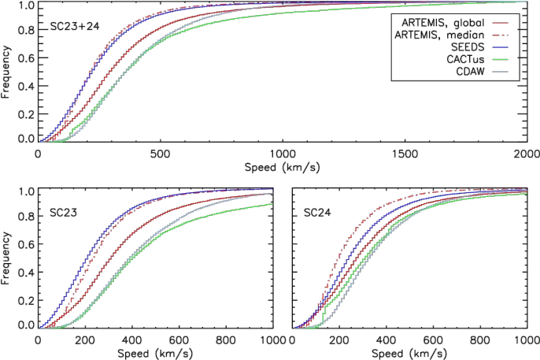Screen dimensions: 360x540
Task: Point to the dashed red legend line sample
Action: (x=501, y=34)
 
